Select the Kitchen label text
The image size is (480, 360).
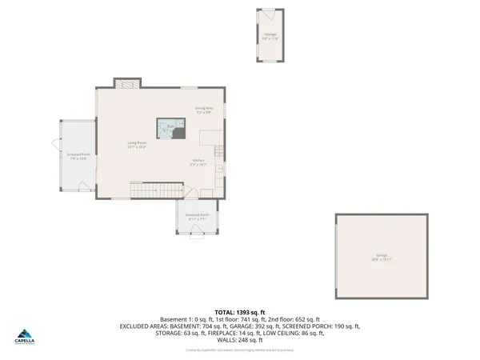pyautogui.click(x=198, y=162)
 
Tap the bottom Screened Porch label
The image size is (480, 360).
pyautogui.click(x=197, y=216)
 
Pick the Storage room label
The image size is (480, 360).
pyautogui.click(x=270, y=34)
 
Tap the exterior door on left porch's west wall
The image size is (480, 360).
pyautogui.click(x=57, y=146)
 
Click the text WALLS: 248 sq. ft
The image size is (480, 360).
pyautogui.click(x=240, y=340)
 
